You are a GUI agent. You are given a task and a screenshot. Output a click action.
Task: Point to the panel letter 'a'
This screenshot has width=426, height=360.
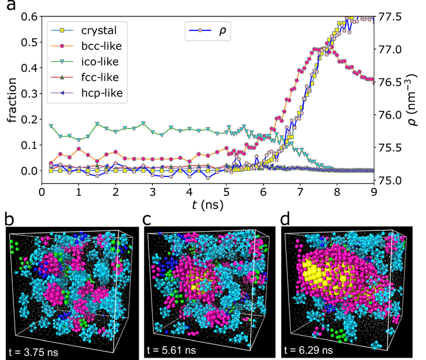pyautogui.click(x=9, y=9)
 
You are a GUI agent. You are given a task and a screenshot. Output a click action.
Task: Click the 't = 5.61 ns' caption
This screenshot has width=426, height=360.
pyautogui.click(x=172, y=351)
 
